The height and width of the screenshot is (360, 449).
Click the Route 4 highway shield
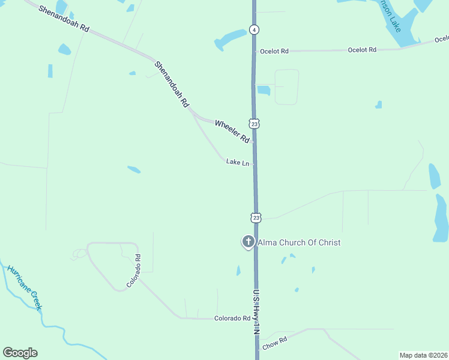click(255, 29)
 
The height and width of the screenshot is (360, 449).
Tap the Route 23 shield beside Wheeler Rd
click(255, 124)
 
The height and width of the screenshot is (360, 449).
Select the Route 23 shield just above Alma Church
click(256, 217)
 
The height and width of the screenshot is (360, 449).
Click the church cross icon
click(248, 242)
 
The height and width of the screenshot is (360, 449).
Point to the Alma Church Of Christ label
click(299, 243)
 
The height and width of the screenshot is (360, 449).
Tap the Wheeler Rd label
click(232, 131)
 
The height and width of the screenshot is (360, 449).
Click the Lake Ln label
click(238, 162)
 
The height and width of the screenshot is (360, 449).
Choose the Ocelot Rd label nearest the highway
click(274, 52)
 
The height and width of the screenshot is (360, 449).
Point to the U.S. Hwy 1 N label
click(256, 312)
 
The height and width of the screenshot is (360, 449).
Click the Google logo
click(20, 353)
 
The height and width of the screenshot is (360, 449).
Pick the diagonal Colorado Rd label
click(133, 270)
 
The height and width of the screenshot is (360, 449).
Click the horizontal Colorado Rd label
click(232, 319)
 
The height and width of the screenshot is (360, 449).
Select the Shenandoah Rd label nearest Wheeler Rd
click(172, 84)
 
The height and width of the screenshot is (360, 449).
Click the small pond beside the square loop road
click(264, 91)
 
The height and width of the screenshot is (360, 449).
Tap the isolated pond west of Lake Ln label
click(134, 170)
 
